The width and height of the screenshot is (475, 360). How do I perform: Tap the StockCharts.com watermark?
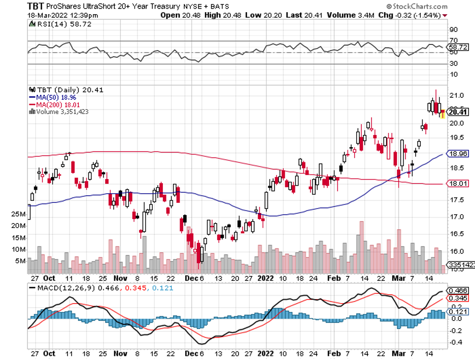pos(419,7)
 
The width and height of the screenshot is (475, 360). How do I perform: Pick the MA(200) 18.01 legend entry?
pos(55,104)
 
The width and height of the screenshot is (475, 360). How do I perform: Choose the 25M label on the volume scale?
pos(18,215)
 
